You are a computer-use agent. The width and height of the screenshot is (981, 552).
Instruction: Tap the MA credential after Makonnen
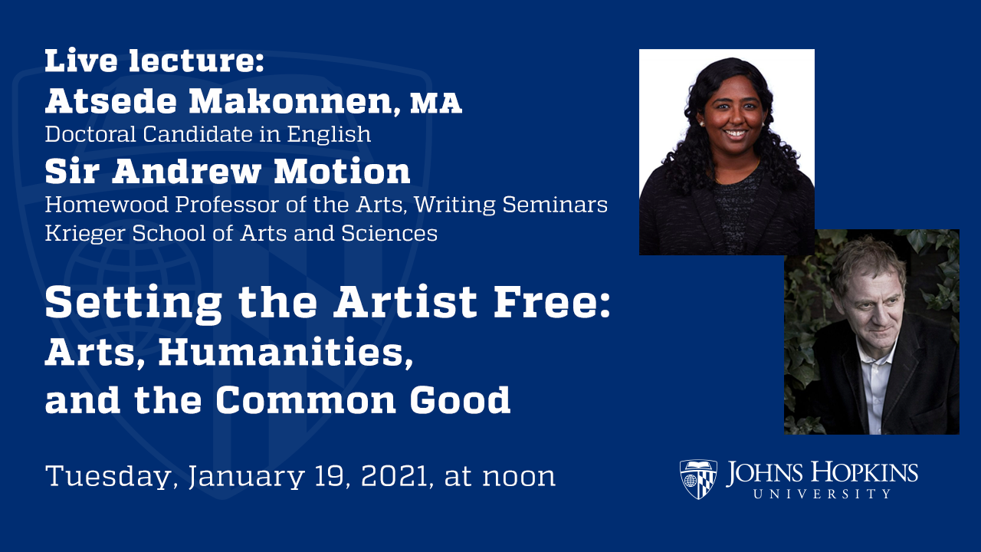[x=436, y=103]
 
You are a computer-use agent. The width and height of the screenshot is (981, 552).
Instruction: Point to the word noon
[x=519, y=477]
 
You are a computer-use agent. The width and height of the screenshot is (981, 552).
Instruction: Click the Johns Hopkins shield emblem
[x=698, y=479]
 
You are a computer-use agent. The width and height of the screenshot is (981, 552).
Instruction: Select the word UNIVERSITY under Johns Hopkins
[x=822, y=494]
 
